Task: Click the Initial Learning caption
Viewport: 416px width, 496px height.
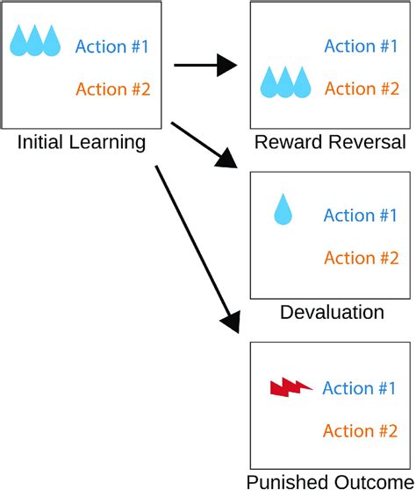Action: click(81, 143)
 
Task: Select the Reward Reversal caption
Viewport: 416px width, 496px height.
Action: click(329, 143)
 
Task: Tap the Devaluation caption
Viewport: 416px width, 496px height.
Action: click(331, 313)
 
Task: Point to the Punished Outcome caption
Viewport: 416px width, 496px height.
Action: click(329, 483)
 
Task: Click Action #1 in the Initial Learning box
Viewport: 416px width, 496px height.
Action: click(113, 47)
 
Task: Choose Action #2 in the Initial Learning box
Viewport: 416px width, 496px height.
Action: click(113, 89)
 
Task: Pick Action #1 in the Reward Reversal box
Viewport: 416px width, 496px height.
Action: click(362, 46)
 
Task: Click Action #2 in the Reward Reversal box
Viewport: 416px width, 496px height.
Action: click(362, 89)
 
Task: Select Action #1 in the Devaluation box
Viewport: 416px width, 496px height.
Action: click(362, 216)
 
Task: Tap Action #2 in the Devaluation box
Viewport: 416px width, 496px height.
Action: click(362, 258)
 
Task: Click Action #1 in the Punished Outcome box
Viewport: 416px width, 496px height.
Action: click(361, 388)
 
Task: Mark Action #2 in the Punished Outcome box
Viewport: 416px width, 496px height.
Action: click(361, 431)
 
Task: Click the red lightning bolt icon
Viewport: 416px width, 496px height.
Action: click(290, 387)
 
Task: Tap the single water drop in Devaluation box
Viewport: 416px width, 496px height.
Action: click(283, 210)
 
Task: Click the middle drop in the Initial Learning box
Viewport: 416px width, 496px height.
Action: click(36, 41)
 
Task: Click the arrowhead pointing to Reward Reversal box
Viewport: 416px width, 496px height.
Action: click(230, 65)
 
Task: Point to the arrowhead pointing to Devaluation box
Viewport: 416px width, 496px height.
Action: click(229, 159)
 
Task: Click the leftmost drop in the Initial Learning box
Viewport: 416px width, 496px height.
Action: click(19, 41)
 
